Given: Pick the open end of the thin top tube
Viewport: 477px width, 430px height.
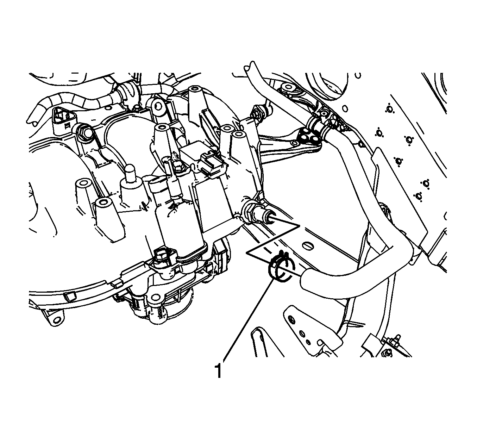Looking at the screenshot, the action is click(x=249, y=66).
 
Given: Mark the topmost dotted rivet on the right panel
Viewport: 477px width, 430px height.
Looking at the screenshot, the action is click(x=389, y=109).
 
